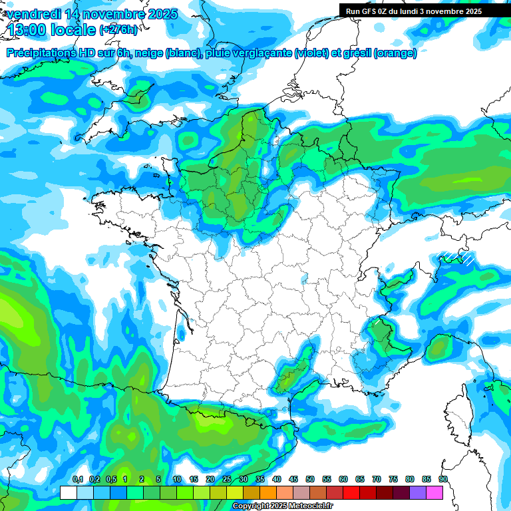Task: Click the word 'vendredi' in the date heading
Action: point(36,14)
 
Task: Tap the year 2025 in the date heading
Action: point(160,14)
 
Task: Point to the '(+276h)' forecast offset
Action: point(119,30)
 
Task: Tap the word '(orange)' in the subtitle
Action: point(395,53)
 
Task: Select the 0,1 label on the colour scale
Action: point(77,479)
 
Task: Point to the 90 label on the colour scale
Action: point(442,479)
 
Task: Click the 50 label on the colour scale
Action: point(310,479)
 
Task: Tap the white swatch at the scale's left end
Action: point(69,492)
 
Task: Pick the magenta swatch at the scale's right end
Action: point(434,492)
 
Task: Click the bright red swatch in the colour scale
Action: point(351,492)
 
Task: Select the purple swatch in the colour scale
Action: point(418,492)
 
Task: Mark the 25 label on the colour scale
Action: point(227,479)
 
